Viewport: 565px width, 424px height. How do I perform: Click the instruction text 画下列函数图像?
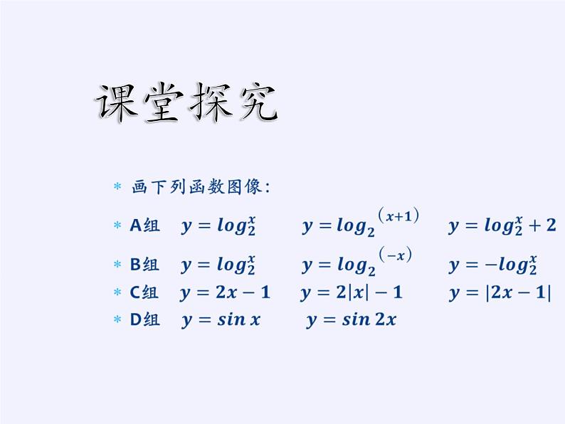tap(200, 187)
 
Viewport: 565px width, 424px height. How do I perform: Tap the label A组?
tap(144, 226)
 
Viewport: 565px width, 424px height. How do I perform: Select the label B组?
tap(144, 265)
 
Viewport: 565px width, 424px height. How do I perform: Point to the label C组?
tap(144, 292)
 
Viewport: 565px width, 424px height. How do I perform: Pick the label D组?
tap(144, 319)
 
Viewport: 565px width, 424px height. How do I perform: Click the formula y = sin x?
tap(221, 319)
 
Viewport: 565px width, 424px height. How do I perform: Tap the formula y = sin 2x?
tap(351, 319)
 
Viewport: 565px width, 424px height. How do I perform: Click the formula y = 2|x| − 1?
tap(352, 292)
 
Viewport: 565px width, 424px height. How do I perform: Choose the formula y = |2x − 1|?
tap(500, 292)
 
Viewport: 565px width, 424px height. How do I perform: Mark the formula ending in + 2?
tap(502, 226)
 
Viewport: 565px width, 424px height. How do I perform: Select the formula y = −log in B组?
tap(492, 265)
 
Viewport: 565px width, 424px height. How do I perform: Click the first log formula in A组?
tap(218, 226)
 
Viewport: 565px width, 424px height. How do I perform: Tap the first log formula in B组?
tap(218, 265)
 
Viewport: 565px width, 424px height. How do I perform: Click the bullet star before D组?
tap(118, 320)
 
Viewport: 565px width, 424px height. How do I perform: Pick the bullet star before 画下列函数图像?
tap(118, 188)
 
